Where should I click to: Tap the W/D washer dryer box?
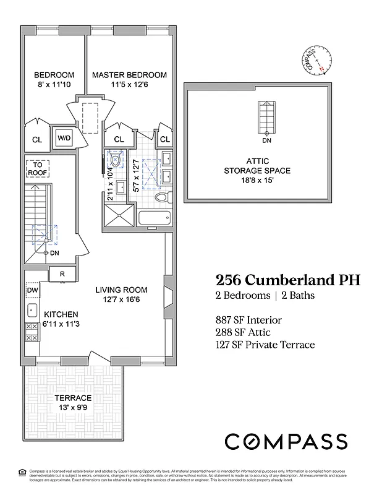click(x=65, y=138)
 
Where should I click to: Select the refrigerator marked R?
click(x=62, y=273)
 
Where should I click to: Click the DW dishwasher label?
click(x=32, y=290)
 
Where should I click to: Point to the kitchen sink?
click(x=32, y=310)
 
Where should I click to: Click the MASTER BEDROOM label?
click(x=129, y=75)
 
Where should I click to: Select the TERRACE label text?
click(x=73, y=398)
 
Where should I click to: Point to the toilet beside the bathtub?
click(x=161, y=198)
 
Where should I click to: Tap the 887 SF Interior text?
click(x=248, y=320)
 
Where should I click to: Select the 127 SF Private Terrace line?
click(x=265, y=345)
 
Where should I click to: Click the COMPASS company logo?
click(x=286, y=441)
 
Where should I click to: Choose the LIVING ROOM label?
click(x=121, y=290)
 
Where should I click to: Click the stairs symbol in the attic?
click(x=267, y=116)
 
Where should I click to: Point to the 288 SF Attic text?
click(x=243, y=332)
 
